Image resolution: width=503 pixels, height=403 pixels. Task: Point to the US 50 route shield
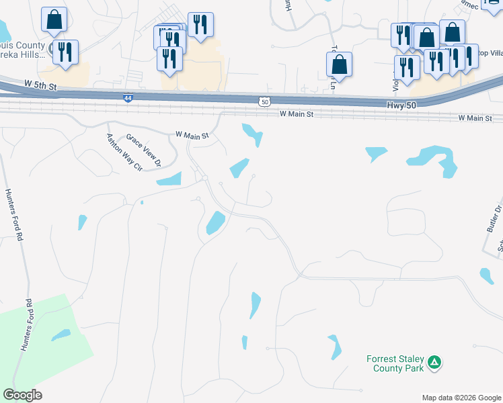(265, 101)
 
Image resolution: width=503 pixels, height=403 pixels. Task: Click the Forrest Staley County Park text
(395, 363)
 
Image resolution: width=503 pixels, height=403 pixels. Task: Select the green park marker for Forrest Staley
(435, 363)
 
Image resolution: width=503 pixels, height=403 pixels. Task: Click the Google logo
(22, 394)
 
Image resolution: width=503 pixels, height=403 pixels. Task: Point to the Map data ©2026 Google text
(461, 398)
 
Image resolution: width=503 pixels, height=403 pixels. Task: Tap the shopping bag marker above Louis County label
(54, 20)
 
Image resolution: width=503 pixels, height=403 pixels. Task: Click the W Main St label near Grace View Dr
(192, 135)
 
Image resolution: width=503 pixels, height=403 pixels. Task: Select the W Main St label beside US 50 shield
(297, 115)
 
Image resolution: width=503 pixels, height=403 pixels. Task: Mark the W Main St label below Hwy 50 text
(476, 118)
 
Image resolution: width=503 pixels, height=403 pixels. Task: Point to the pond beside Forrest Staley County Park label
(334, 347)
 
